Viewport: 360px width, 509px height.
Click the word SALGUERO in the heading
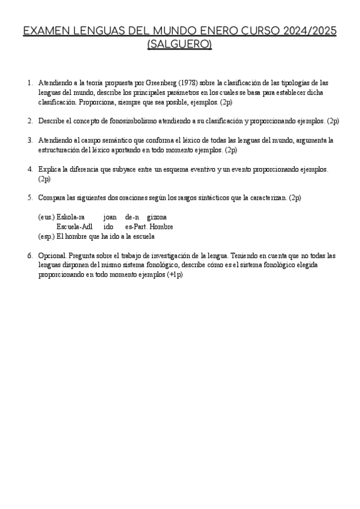coord(179,45)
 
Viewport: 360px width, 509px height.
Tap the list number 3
coord(29,140)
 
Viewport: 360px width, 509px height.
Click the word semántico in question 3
coord(107,140)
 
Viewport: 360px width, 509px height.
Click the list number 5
coord(29,197)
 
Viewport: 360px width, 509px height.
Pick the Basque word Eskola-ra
coord(71,217)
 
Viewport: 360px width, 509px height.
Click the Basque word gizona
coord(157,217)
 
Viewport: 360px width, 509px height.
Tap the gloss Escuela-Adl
coord(74,226)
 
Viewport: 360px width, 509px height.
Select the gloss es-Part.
coord(137,226)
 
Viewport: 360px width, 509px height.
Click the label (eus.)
coord(46,217)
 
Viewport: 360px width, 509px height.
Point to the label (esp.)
coord(46,236)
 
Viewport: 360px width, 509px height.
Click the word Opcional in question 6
coord(52,255)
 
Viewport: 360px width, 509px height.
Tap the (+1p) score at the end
coord(175,274)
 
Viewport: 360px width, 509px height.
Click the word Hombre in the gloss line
coord(162,226)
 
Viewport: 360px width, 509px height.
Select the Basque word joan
coord(110,217)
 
